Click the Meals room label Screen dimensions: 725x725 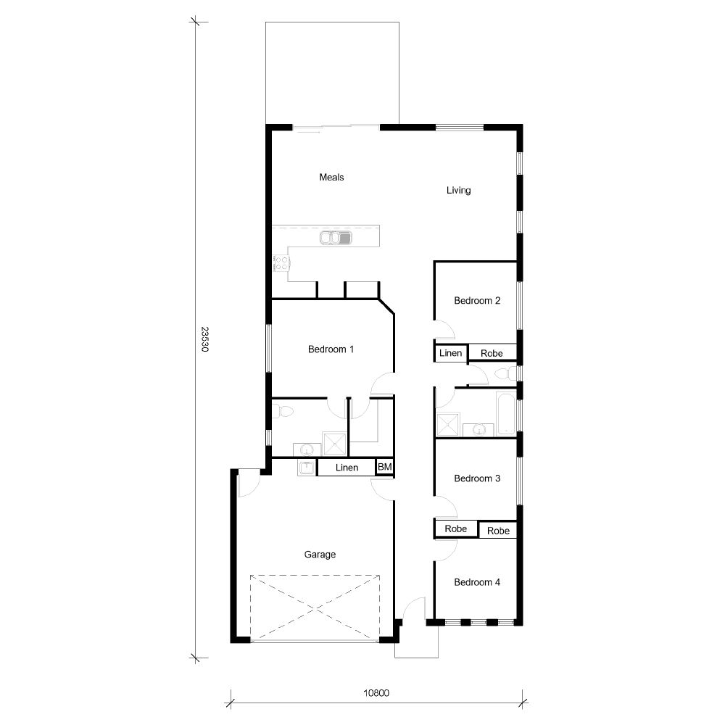tap(331, 177)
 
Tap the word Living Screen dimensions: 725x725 tap(458, 191)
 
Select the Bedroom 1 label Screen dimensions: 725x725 tap(331, 349)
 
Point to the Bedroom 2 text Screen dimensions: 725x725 tap(476, 301)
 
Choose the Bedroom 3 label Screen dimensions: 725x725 tap(476, 478)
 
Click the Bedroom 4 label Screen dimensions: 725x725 tap(476, 582)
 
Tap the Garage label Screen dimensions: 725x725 tap(320, 555)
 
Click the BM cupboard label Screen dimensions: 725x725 tap(385, 468)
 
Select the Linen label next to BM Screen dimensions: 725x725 tap(347, 468)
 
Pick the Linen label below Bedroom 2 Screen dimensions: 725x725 tap(451, 353)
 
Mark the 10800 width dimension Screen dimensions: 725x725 tap(376, 693)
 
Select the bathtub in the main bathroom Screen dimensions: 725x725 tap(506, 414)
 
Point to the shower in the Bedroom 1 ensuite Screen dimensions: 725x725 tap(334, 444)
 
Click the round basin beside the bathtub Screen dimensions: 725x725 tap(478, 430)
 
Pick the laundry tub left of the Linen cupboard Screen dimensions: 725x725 tap(306, 468)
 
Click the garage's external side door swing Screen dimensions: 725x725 tap(247, 483)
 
